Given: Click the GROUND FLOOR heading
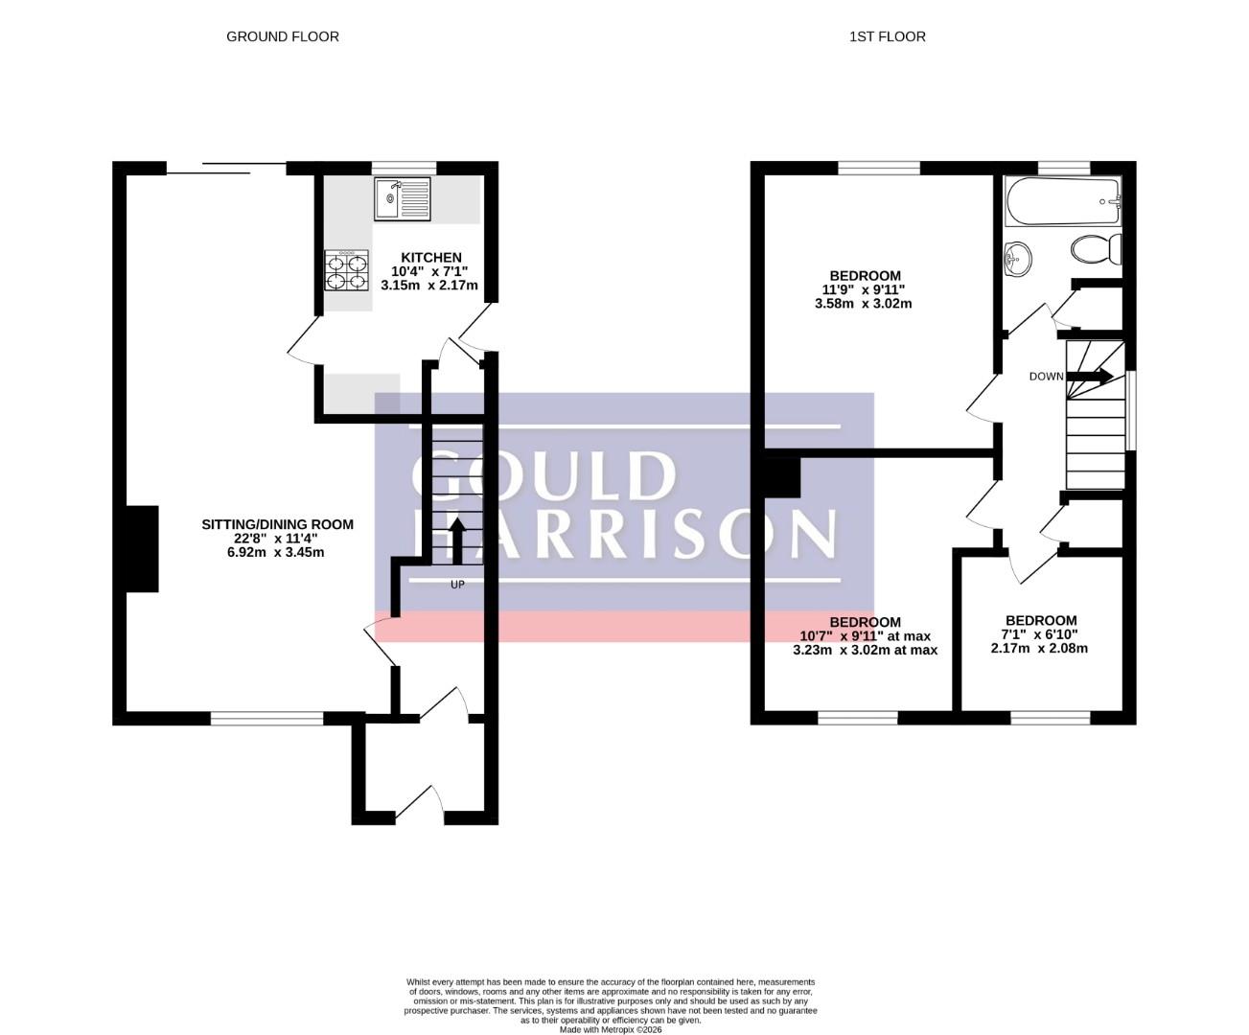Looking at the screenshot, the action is point(283,36).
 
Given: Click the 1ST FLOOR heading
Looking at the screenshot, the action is point(887,36).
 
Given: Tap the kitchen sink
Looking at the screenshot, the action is point(402,198).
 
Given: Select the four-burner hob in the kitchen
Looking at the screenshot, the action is point(346,270).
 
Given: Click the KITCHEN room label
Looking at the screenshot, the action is point(430,257).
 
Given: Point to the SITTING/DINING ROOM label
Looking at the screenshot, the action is point(278,524).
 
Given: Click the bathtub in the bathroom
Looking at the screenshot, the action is point(1062,201).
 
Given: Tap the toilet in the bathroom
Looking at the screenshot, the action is point(1096,249).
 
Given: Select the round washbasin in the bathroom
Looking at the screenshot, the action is point(1018,259).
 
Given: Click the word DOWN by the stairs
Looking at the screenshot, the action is point(1046,376).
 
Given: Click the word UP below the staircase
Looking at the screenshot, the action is point(457,585).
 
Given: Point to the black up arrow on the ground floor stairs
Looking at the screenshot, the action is point(457,540).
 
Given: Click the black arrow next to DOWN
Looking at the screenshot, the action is point(1090,376).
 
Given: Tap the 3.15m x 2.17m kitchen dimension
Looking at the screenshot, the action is point(429,286).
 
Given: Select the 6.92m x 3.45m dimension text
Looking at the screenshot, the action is point(276,552).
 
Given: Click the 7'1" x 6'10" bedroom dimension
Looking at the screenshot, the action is point(1040,633).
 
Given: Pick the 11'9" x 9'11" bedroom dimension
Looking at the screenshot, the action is point(863,289).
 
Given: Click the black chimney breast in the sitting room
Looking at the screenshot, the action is point(143,549).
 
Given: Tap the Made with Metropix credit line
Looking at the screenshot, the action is point(611,1029).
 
